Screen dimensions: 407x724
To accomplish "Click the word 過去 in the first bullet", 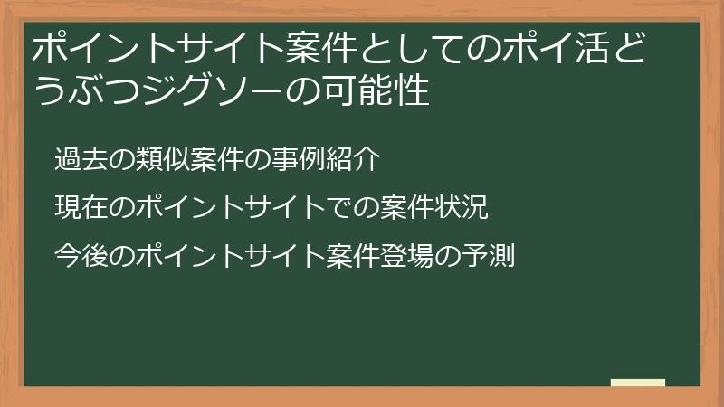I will (x=78, y=160).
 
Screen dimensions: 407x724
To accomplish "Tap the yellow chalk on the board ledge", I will (x=637, y=383).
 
